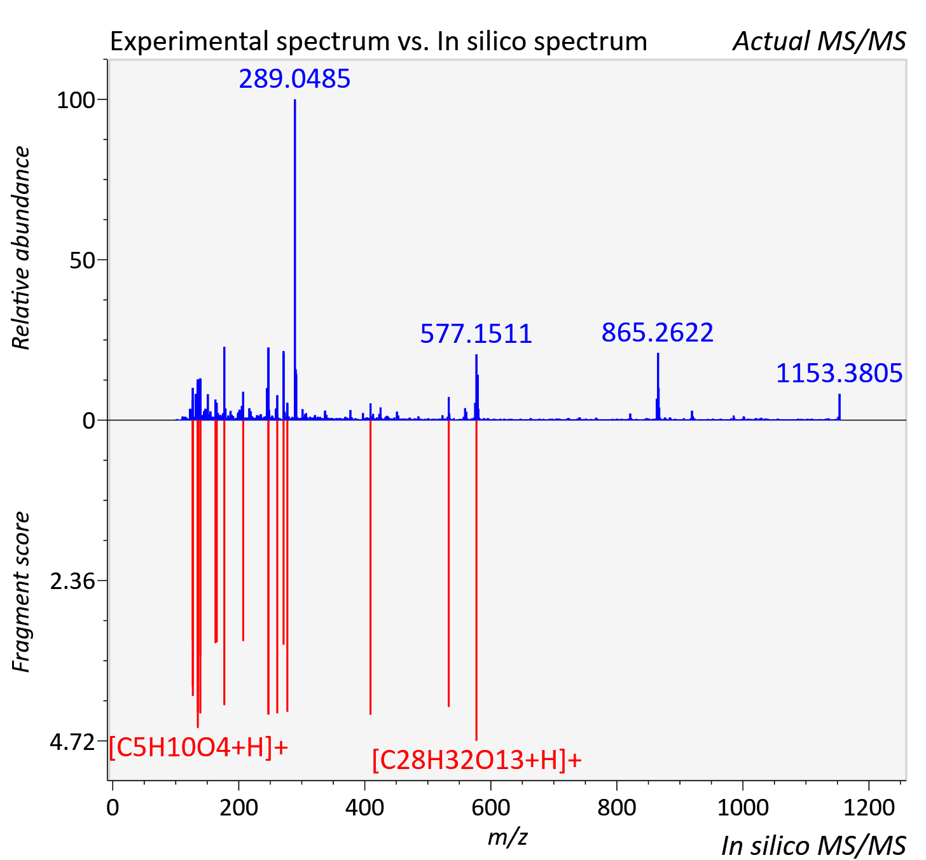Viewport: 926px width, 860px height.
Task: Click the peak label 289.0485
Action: (x=294, y=79)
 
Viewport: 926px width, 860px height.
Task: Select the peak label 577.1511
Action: (x=476, y=334)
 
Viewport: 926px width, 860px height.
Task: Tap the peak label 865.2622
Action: (x=658, y=333)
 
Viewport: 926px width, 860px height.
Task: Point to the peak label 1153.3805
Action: (x=840, y=373)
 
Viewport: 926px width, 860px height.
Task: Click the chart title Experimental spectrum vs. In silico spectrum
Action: (x=378, y=41)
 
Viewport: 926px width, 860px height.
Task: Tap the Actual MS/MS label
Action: (x=819, y=41)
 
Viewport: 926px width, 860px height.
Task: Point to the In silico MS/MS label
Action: (x=813, y=845)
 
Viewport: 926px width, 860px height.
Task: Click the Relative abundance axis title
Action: (x=21, y=248)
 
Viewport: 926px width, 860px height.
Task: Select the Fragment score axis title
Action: (x=21, y=592)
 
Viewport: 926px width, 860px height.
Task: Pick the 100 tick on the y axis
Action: (x=76, y=100)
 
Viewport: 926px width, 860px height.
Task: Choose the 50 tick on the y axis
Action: (x=82, y=260)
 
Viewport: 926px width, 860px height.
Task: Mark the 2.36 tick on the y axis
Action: (x=73, y=581)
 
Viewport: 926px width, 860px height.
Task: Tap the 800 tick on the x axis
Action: (x=617, y=807)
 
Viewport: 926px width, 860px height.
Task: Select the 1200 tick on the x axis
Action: (x=869, y=807)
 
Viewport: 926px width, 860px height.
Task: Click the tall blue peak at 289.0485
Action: (x=294, y=260)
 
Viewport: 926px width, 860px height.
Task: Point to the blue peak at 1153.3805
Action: (x=840, y=406)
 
